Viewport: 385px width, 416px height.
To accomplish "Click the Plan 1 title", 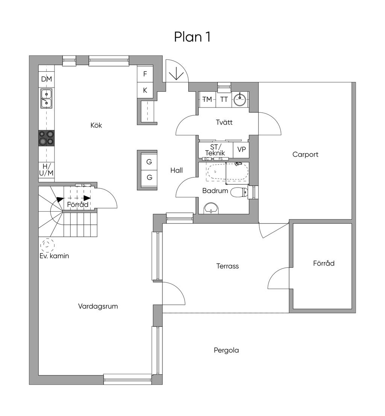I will (192, 37).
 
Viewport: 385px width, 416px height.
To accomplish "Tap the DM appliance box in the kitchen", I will (47, 79).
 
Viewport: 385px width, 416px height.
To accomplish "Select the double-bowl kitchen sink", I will (47, 98).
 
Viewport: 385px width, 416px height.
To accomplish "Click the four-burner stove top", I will (47, 138).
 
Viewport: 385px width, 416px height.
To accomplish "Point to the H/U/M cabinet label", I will (47, 169).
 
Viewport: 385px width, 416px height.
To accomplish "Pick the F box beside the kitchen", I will (145, 74).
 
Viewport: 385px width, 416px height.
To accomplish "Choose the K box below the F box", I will (145, 90).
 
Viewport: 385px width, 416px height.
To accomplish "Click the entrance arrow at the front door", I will (175, 75).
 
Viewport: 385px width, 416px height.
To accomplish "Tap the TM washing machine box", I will (207, 100).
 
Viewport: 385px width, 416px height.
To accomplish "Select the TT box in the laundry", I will (224, 100).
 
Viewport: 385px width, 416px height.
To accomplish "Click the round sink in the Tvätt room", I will (239, 100).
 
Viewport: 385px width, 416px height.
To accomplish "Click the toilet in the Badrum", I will (238, 192).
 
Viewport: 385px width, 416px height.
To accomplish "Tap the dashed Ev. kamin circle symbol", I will (47, 245).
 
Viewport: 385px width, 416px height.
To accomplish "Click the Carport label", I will (305, 154).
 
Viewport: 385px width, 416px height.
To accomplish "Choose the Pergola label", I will (226, 351).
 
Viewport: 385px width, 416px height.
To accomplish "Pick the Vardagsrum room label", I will (98, 306).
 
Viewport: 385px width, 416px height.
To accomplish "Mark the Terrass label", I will (227, 266).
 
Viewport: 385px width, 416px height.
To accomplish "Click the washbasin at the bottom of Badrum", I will (211, 209).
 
